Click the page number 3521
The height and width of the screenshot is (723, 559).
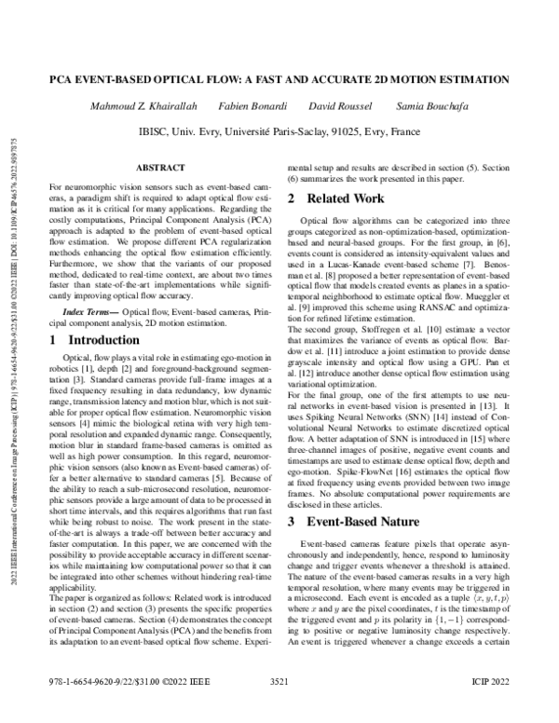coord(279,709)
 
